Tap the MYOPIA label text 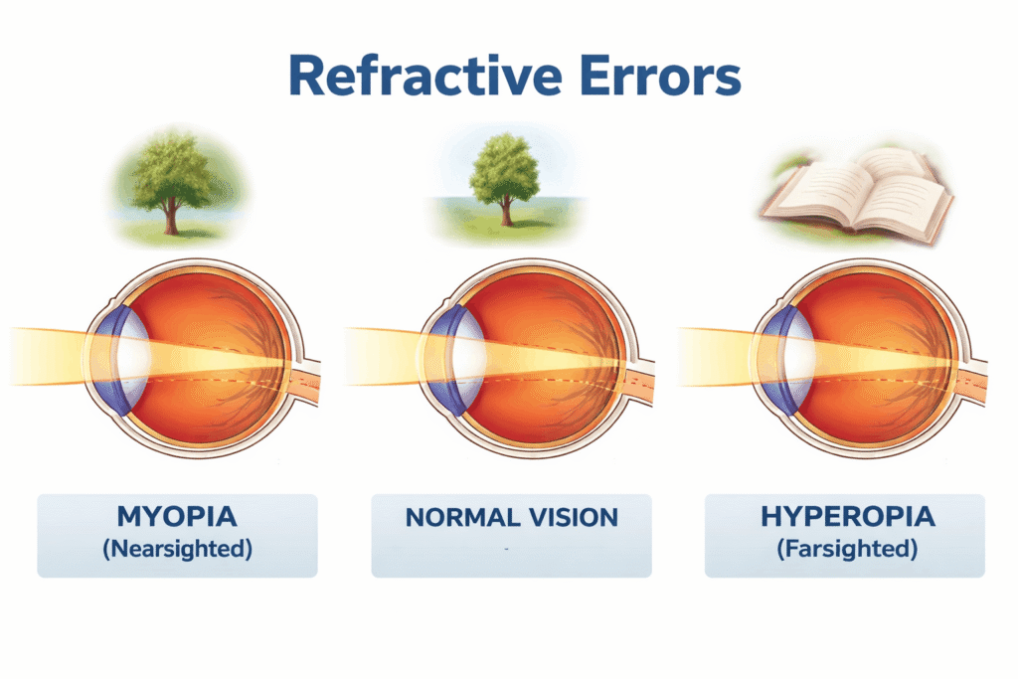click(x=177, y=517)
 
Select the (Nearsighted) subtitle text click(x=177, y=548)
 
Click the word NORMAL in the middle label click(x=459, y=517)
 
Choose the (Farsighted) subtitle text click(x=844, y=548)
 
